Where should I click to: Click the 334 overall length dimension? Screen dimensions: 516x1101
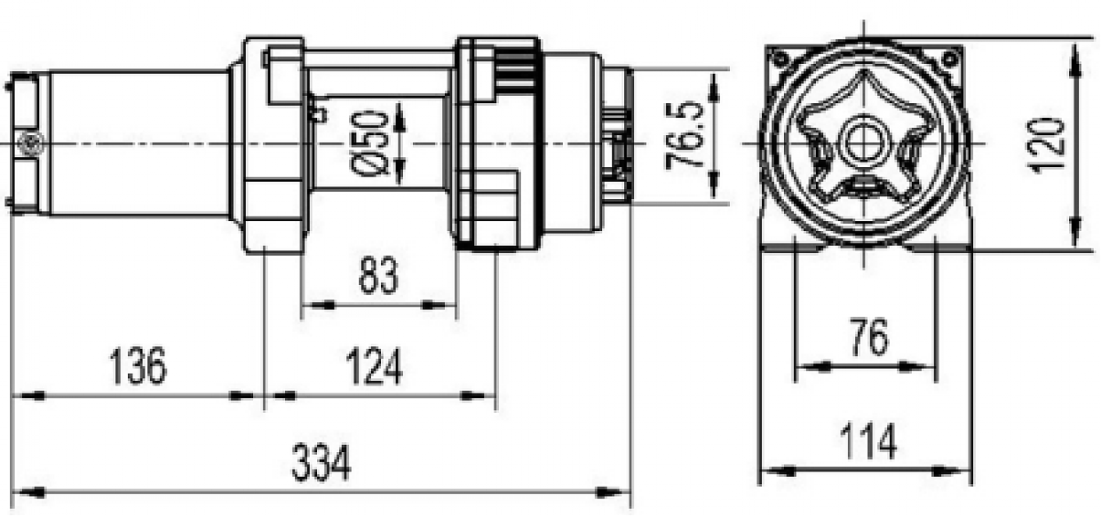coord(321,465)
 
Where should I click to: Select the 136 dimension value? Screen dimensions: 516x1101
coord(139,367)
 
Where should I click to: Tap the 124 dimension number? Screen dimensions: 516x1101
coord(373,367)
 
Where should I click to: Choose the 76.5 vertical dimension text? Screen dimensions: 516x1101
coord(687,135)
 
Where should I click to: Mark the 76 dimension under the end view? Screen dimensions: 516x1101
coord(867,339)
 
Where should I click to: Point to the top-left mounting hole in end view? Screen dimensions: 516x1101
coord(778,58)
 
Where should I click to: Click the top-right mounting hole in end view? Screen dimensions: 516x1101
coord(949,58)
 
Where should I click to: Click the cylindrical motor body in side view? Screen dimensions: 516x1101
coord(137,142)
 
